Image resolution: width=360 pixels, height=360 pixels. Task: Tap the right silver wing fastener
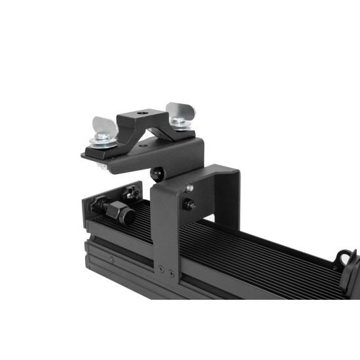click(177, 111)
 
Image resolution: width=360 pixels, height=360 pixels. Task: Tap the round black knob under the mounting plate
click(157, 173)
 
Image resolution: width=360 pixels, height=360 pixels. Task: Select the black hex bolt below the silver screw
click(189, 205)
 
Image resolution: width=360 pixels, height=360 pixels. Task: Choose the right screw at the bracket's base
click(171, 270)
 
